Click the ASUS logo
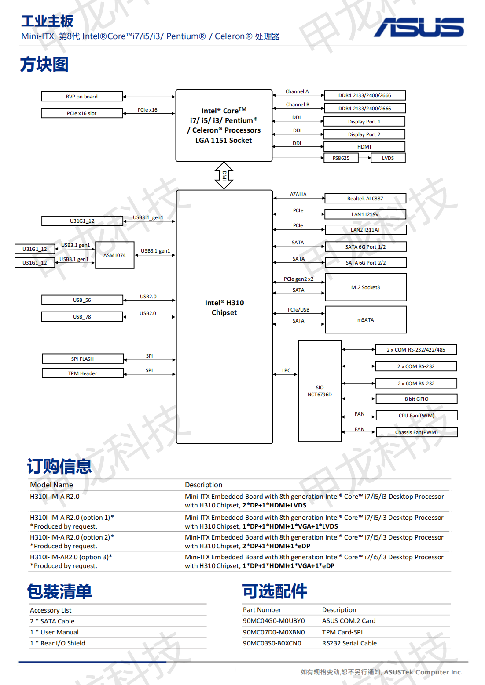tap(419, 27)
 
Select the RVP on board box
tap(82, 97)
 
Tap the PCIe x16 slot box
tap(82, 113)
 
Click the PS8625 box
tap(341, 158)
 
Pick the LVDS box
tap(388, 158)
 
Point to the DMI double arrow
tap(224, 175)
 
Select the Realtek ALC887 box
tap(365, 199)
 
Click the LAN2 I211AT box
tap(365, 230)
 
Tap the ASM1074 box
tap(114, 255)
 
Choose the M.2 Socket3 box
tap(365, 287)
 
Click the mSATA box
tap(365, 320)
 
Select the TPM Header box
tap(83, 373)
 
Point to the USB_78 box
tap(82, 317)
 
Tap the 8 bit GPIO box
tap(416, 399)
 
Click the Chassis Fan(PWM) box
tap(416, 432)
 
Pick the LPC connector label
tap(286, 370)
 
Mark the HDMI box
tap(364, 147)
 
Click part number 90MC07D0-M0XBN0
tap(274, 632)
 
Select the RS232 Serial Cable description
tap(349, 643)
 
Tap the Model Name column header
tap(51, 485)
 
